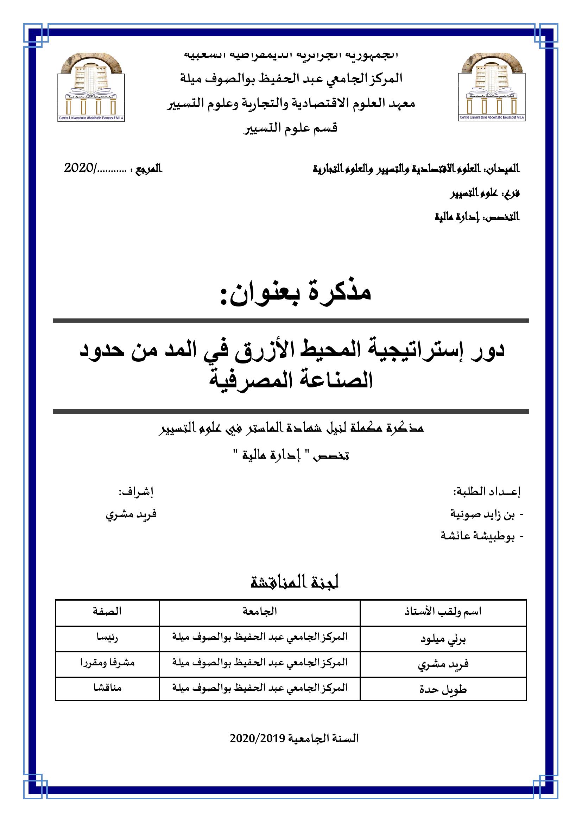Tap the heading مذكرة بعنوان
[296, 292]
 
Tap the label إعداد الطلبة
[487, 492]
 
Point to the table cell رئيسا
[107, 637]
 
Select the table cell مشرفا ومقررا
[107, 663]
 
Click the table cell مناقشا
[107, 688]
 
